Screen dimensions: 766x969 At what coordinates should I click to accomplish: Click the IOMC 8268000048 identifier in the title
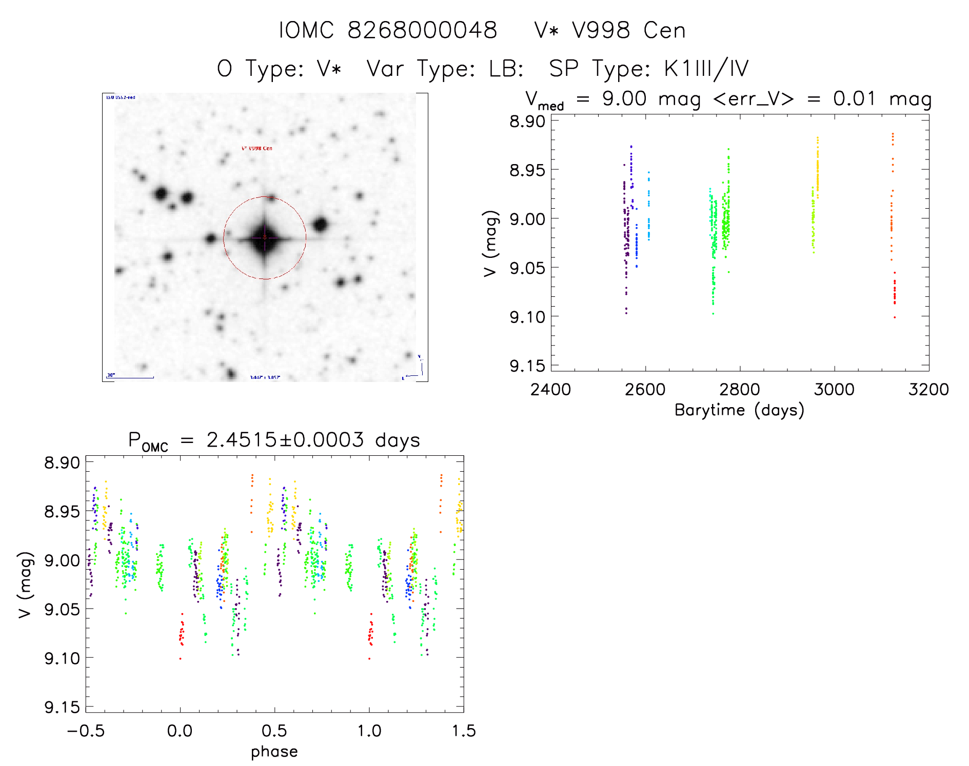pyautogui.click(x=388, y=30)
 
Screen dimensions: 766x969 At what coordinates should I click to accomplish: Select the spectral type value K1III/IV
pyautogui.click(x=706, y=68)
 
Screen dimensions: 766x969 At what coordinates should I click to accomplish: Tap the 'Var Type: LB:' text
pyautogui.click(x=445, y=68)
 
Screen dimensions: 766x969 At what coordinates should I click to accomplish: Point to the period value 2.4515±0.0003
pyautogui.click(x=285, y=440)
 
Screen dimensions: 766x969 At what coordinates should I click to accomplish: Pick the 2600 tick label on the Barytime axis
pyautogui.click(x=645, y=390)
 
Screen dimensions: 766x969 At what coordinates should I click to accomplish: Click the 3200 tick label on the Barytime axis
pyautogui.click(x=928, y=390)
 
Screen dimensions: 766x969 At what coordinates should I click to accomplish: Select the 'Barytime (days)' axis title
pyautogui.click(x=739, y=410)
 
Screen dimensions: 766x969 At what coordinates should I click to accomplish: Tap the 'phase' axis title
pyautogui.click(x=274, y=752)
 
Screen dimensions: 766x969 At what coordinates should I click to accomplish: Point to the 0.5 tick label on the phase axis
pyautogui.click(x=274, y=731)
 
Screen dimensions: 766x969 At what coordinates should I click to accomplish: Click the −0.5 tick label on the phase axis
pyautogui.click(x=86, y=731)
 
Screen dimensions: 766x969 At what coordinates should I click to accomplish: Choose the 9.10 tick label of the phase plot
pyautogui.click(x=62, y=658)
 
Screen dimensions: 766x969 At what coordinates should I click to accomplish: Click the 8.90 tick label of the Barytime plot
pyautogui.click(x=527, y=122)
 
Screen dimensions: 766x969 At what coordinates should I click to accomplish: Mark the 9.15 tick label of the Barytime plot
pyautogui.click(x=527, y=366)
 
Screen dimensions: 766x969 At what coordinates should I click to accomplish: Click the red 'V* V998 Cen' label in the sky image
pyautogui.click(x=257, y=148)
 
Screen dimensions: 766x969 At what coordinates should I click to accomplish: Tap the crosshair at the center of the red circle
pyautogui.click(x=265, y=237)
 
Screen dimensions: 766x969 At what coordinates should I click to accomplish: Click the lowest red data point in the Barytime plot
pyautogui.click(x=895, y=317)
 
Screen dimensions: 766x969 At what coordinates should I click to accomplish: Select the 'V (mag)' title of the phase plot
pyautogui.click(x=25, y=584)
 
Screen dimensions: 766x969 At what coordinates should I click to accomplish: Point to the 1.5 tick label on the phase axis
pyautogui.click(x=464, y=731)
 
